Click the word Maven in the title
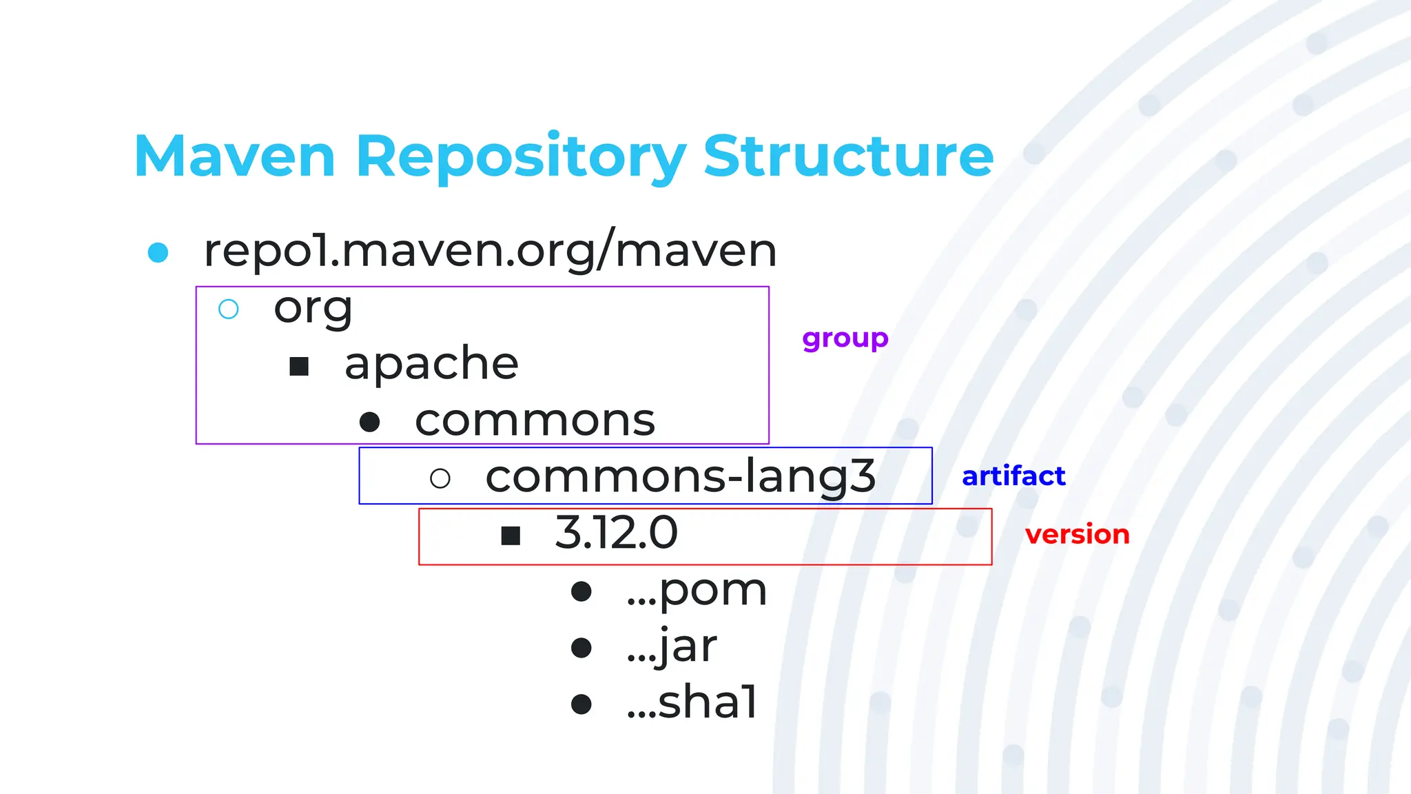tap(234, 156)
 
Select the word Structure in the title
tap(848, 156)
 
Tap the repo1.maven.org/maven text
tap(490, 251)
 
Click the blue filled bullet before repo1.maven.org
tap(158, 252)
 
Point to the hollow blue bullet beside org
tap(229, 309)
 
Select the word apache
tap(431, 364)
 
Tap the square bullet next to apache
tap(299, 367)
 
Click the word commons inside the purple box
tap(535, 421)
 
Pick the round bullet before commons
tap(370, 423)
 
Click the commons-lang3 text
tap(680, 477)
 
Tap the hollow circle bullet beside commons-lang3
tap(440, 478)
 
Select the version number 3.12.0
tap(616, 533)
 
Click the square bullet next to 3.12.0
tap(511, 536)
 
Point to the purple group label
tap(845, 338)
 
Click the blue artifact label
tap(1013, 476)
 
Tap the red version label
tap(1077, 535)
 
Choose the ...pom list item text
tap(697, 591)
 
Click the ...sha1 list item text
tap(692, 703)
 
